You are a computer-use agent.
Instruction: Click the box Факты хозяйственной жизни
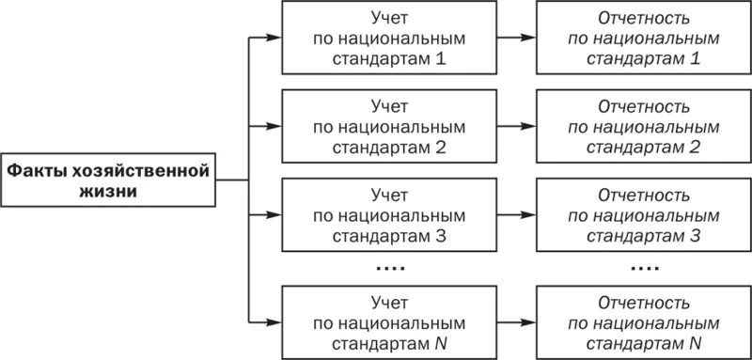pos(108,180)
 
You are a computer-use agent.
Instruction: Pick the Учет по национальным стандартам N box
pos(389,321)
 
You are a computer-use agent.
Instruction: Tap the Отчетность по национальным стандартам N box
pos(644,321)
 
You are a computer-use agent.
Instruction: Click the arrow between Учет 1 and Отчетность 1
pos(516,39)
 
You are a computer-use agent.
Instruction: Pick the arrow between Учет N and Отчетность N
pos(516,321)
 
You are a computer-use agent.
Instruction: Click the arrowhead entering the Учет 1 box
pos(274,39)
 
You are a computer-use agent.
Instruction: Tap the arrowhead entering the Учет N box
pos(274,321)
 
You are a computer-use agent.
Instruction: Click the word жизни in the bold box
pos(108,190)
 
